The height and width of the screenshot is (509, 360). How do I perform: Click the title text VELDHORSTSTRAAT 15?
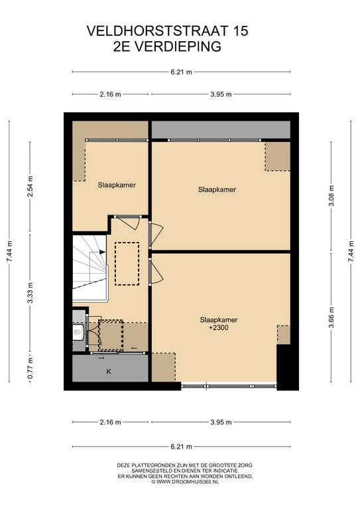tap(167, 31)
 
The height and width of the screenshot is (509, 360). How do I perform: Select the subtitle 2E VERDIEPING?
tap(167, 46)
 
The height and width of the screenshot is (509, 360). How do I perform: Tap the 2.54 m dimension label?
tap(30, 187)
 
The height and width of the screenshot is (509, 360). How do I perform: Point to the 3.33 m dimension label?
tap(30, 293)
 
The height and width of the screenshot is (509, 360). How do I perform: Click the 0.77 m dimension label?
tap(30, 368)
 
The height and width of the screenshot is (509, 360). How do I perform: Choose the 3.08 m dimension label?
tap(331, 196)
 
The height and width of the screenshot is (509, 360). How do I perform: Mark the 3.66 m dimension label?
tap(331, 317)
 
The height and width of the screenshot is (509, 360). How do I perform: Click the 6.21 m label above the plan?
tap(182, 72)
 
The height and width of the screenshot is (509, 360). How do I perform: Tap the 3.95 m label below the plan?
tap(221, 422)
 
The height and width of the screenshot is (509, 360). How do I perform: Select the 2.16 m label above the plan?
tap(110, 95)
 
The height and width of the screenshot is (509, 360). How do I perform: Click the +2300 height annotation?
tap(219, 328)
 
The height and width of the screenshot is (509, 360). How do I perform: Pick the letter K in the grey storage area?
tap(109, 372)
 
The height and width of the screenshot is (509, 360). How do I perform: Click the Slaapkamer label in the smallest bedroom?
tap(117, 185)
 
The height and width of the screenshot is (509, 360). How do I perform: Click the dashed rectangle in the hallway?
tap(127, 264)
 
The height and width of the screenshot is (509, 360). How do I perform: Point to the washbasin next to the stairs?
tap(78, 332)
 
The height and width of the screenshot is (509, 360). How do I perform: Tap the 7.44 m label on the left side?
tap(9, 252)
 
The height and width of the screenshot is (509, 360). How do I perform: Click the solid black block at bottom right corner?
tap(288, 367)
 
